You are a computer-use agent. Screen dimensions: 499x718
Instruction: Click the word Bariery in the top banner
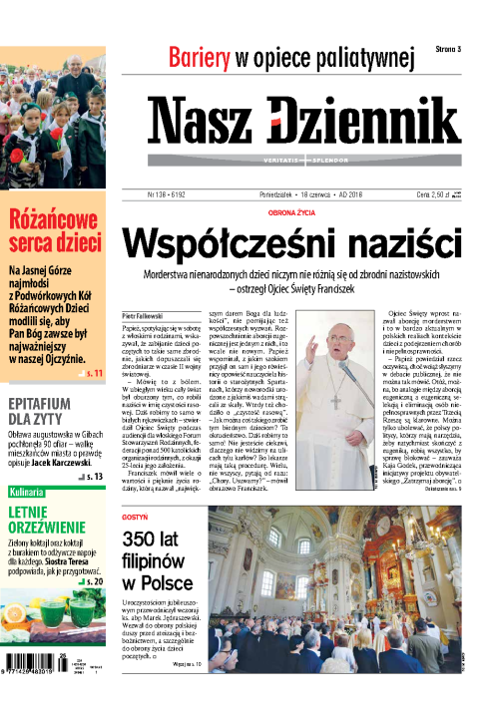(x=200, y=58)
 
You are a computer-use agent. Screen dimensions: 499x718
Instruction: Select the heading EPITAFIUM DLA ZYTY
(x=46, y=413)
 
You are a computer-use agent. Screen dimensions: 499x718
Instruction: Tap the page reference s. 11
(x=92, y=371)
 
